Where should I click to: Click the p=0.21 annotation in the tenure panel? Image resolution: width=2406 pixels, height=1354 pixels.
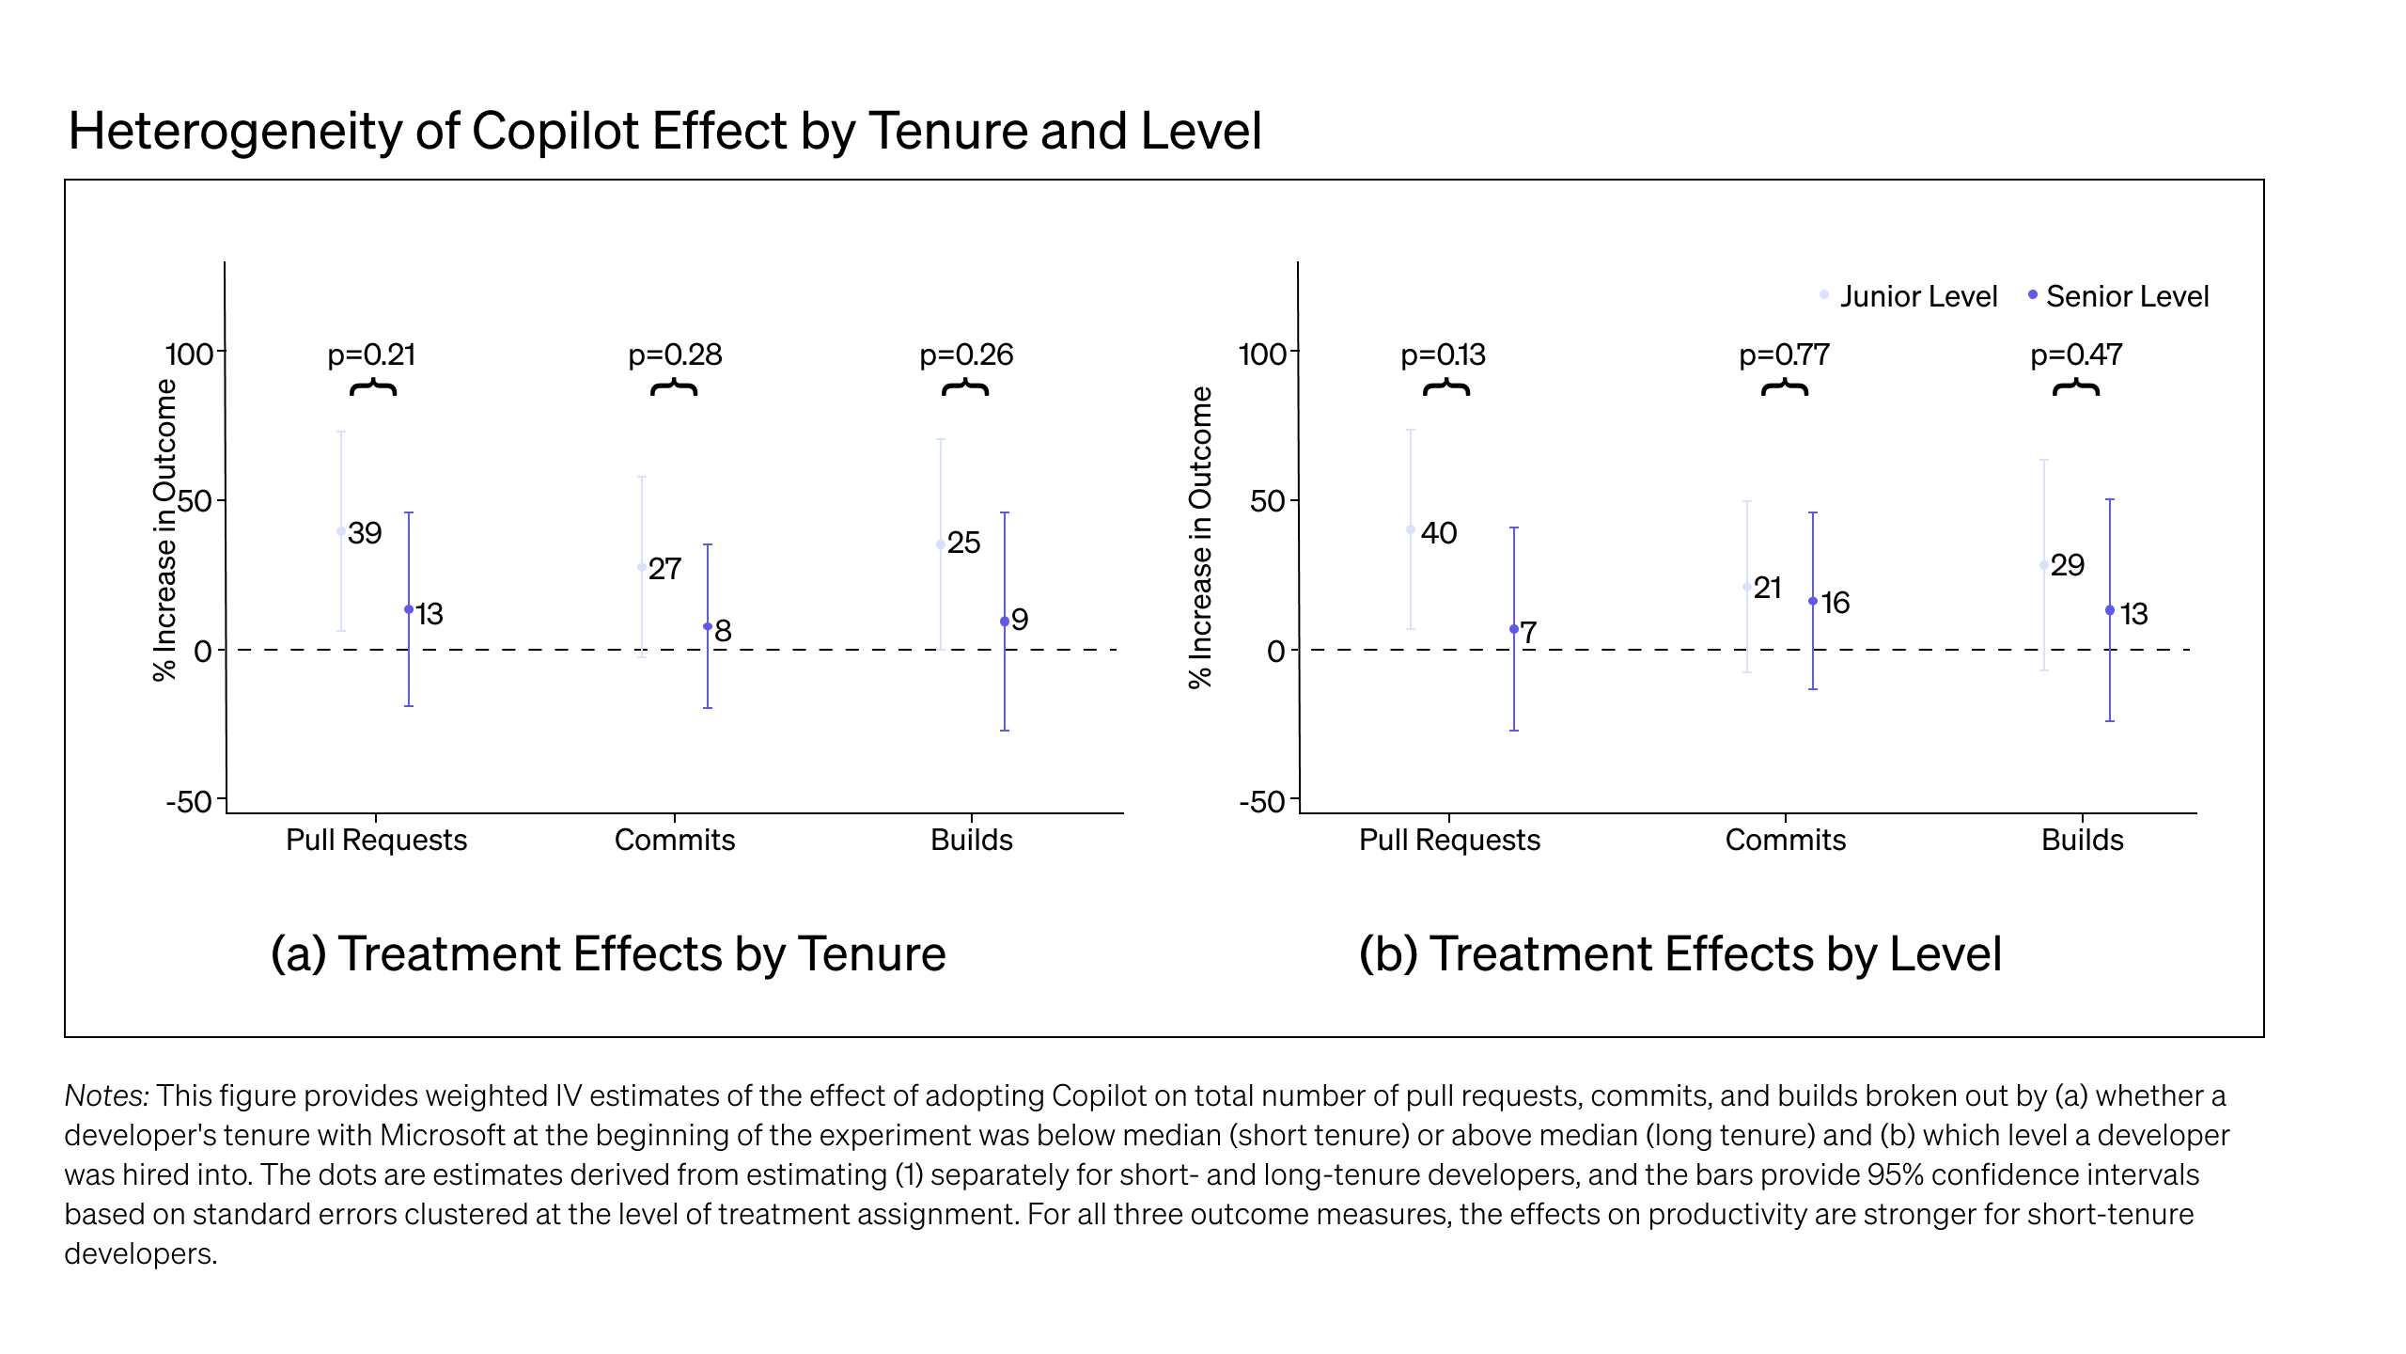[371, 354]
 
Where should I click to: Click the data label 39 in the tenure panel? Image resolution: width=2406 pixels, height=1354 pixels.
[365, 533]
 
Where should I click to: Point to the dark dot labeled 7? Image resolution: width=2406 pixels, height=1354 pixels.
[1513, 629]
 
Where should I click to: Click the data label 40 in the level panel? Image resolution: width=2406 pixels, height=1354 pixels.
[1438, 533]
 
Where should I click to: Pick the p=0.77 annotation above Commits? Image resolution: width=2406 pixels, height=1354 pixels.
[1784, 354]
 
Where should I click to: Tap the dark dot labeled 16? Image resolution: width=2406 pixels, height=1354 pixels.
[1813, 601]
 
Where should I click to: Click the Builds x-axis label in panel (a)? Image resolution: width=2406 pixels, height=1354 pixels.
[971, 840]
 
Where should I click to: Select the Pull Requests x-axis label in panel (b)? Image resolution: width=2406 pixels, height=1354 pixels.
[1449, 840]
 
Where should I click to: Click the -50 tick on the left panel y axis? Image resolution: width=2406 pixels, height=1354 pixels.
[189, 802]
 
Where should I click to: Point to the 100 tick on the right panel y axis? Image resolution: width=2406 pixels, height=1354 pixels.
[1262, 354]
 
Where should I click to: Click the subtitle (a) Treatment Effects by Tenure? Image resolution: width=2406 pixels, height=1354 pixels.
[608, 953]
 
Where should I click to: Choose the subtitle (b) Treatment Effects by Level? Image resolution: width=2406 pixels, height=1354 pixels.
[1680, 953]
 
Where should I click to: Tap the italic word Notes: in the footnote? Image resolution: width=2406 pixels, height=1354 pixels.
[106, 1095]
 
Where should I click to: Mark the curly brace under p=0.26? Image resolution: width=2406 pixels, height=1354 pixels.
[965, 387]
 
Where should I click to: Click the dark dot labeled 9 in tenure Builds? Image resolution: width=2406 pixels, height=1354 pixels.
[1005, 622]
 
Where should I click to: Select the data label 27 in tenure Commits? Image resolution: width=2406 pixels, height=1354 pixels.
[664, 569]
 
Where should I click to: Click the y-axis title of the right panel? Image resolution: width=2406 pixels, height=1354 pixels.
[1200, 537]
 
